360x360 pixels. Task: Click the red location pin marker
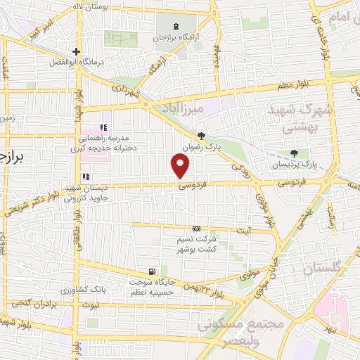click(x=181, y=166)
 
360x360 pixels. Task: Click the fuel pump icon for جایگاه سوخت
click(x=152, y=271)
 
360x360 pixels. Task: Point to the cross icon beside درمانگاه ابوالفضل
click(x=76, y=51)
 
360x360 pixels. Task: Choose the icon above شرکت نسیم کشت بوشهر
click(x=196, y=229)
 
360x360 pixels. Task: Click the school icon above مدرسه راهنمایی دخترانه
click(x=103, y=127)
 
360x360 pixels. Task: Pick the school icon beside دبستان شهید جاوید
click(x=85, y=176)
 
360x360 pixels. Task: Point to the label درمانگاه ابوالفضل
click(x=76, y=62)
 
